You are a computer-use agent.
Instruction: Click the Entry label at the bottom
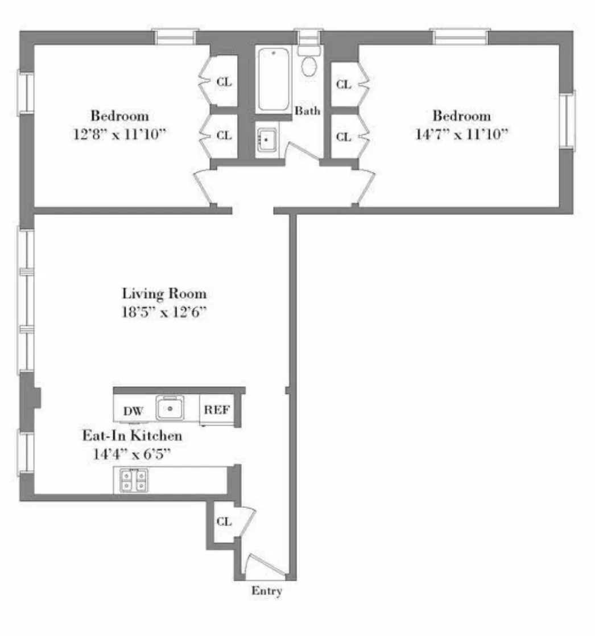pyautogui.click(x=267, y=591)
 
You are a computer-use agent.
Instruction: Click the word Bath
pyautogui.click(x=307, y=111)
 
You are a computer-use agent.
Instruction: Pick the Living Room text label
pyautogui.click(x=164, y=294)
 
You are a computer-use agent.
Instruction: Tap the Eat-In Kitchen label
pyautogui.click(x=133, y=436)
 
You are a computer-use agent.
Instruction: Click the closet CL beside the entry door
pyautogui.click(x=224, y=522)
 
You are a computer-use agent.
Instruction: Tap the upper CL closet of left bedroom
pyautogui.click(x=224, y=82)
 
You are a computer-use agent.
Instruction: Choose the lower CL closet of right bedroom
pyautogui.click(x=343, y=137)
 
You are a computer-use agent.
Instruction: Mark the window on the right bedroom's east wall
pyautogui.click(x=567, y=120)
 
